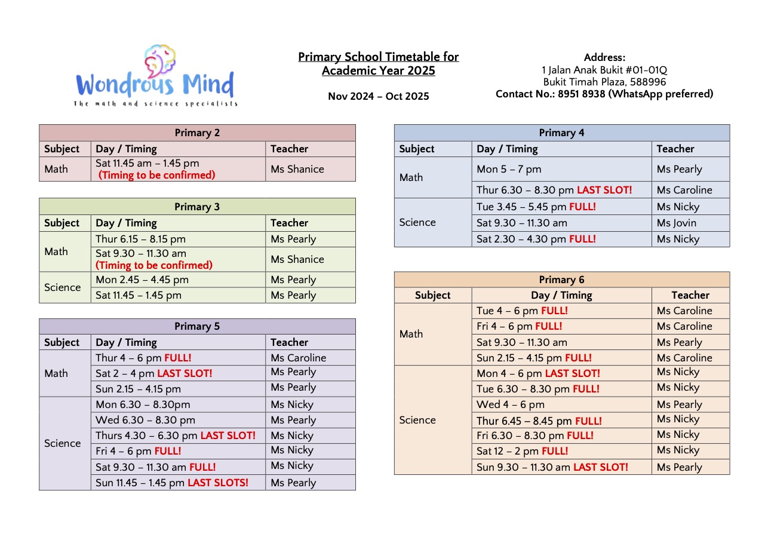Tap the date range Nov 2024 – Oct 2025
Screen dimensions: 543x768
click(x=378, y=96)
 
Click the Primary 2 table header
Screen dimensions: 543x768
click(x=197, y=133)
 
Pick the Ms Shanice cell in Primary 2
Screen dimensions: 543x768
click(x=297, y=169)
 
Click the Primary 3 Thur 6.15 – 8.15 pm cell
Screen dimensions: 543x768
click(x=140, y=239)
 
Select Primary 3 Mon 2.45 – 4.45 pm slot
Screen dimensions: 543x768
click(x=142, y=280)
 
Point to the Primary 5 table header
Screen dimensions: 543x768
click(x=197, y=326)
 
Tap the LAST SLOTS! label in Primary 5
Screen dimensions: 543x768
click(x=217, y=483)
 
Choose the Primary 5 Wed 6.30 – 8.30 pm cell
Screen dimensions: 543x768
click(x=145, y=420)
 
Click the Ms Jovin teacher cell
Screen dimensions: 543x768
click(x=676, y=223)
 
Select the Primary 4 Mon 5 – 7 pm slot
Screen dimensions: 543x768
click(x=509, y=169)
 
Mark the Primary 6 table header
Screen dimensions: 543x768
click(x=561, y=280)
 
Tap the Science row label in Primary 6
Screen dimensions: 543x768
click(x=417, y=420)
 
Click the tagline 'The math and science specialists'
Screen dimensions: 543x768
click(x=155, y=104)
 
